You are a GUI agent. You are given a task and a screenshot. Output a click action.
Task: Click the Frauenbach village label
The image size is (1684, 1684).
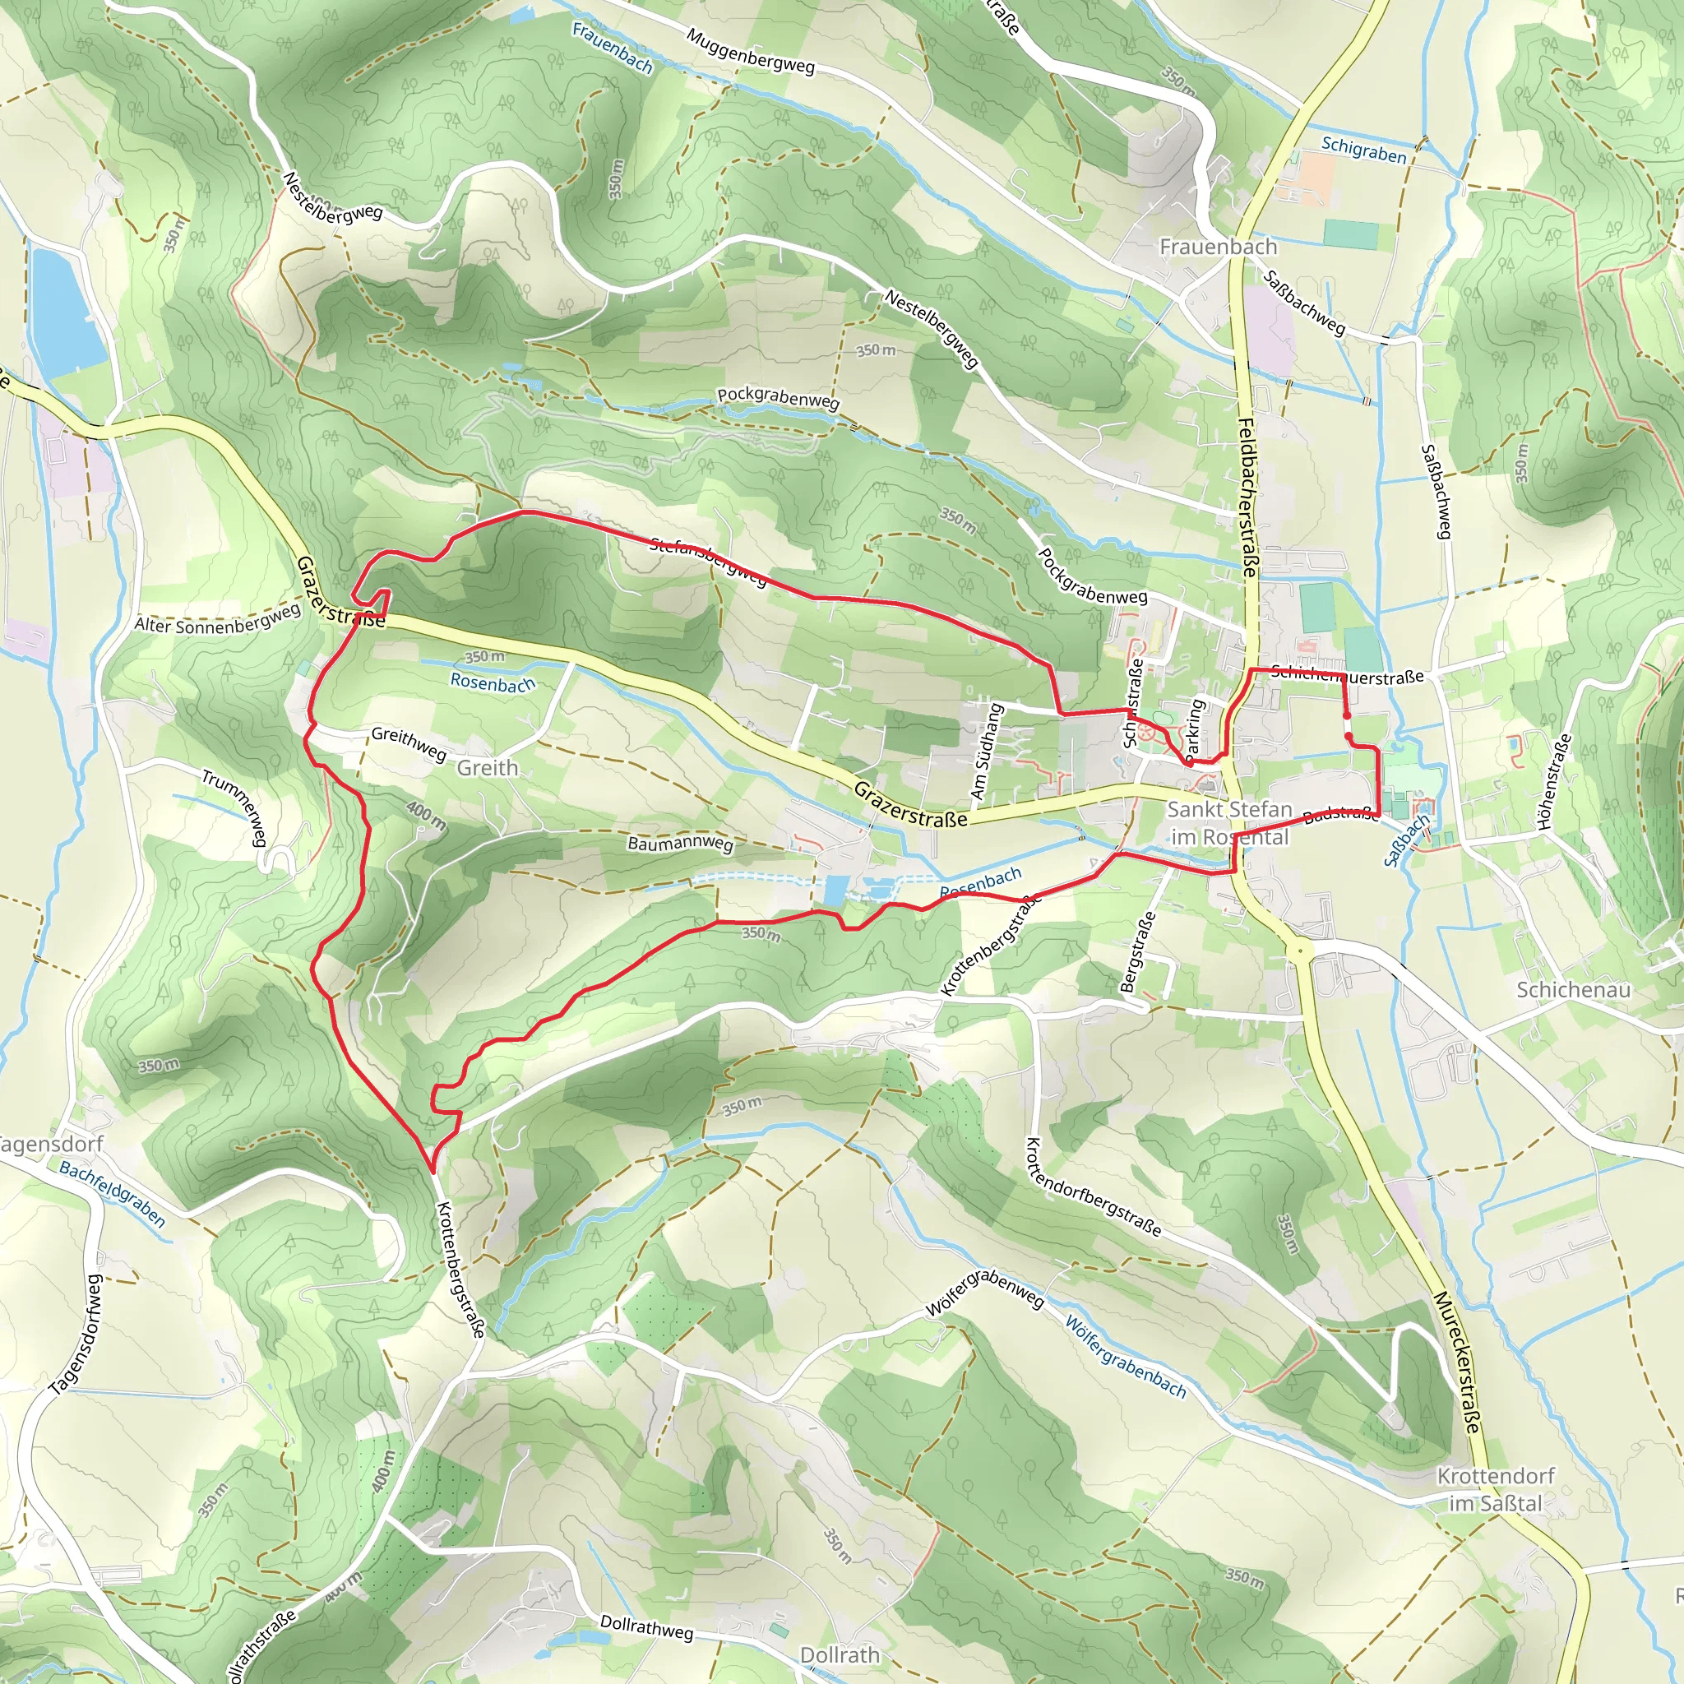point(1218,247)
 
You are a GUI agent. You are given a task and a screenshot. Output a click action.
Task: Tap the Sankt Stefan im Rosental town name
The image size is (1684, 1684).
point(1229,823)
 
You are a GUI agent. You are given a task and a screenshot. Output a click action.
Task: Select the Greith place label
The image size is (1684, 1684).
point(488,768)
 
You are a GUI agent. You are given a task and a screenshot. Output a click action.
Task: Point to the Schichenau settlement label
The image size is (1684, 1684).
point(1573,989)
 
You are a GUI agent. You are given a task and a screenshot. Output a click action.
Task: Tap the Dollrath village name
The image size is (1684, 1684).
point(840,1654)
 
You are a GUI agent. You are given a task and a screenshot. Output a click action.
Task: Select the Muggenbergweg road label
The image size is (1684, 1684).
point(750,52)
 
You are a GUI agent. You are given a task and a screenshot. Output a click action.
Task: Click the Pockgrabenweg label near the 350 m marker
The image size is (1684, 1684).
point(778,397)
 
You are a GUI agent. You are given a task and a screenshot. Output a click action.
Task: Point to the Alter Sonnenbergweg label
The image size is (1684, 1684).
point(217,620)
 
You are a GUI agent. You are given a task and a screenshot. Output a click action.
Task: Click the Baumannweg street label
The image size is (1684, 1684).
point(680,844)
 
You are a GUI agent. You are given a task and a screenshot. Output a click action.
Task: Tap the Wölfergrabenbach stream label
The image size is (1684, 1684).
point(1126,1356)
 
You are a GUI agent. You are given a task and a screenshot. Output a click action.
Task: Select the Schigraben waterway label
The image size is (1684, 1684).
point(1363,150)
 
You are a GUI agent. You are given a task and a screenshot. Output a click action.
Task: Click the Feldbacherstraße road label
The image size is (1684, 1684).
point(1248,497)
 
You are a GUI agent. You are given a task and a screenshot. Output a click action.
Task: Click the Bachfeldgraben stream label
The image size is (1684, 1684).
point(112,1193)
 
